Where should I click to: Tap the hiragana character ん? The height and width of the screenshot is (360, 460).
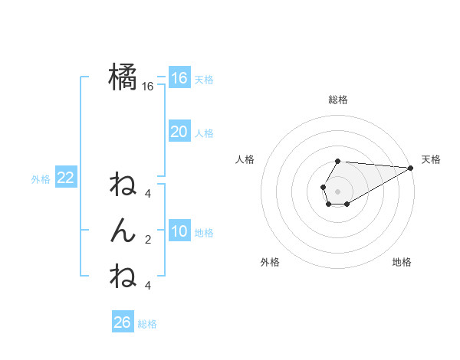click(x=123, y=229)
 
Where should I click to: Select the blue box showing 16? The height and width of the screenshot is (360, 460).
click(x=179, y=77)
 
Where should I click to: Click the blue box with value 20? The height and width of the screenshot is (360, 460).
click(x=179, y=132)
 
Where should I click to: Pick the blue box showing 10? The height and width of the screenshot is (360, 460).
click(x=179, y=231)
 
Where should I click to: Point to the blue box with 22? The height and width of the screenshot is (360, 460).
click(x=65, y=178)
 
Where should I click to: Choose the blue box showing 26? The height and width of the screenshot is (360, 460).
click(x=122, y=322)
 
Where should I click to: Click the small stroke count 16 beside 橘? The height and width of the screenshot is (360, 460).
click(x=148, y=87)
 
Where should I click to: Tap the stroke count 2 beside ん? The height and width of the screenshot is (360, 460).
click(x=148, y=240)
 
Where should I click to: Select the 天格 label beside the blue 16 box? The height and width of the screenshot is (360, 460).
click(x=204, y=79)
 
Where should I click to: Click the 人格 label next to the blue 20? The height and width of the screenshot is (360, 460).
click(x=204, y=133)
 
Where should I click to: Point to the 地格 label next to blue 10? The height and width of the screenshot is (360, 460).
click(x=204, y=233)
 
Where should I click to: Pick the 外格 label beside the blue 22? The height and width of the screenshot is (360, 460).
click(x=41, y=179)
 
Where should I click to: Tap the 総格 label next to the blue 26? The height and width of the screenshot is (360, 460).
click(x=147, y=324)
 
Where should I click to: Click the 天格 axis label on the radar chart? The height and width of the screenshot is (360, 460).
click(x=431, y=159)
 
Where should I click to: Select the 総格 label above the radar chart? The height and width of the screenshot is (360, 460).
click(x=338, y=100)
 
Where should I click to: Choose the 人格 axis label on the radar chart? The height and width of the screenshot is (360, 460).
click(x=245, y=159)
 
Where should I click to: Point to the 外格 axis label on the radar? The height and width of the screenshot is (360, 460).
click(x=270, y=262)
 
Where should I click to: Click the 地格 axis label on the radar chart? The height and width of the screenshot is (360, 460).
click(x=402, y=262)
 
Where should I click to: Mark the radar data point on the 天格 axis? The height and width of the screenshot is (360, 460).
click(x=411, y=168)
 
